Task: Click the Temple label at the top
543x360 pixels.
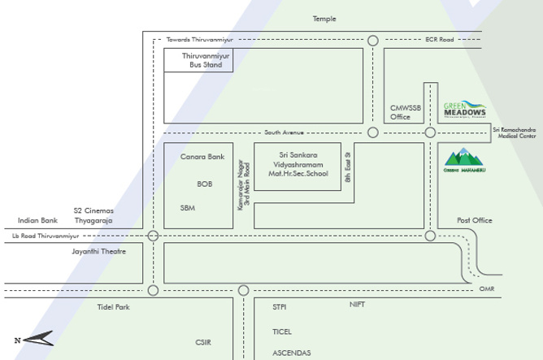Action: [324, 19]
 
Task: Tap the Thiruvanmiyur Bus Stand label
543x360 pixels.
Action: [200, 60]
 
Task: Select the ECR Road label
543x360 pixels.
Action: [438, 40]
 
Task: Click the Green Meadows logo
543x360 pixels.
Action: [466, 110]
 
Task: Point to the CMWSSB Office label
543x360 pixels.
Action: [402, 112]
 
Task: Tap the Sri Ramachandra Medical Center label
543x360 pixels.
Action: [516, 133]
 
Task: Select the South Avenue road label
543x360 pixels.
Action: [283, 132]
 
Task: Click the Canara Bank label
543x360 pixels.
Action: [202, 156]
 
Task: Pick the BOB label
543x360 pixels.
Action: [204, 184]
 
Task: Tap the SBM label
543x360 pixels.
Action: [188, 208]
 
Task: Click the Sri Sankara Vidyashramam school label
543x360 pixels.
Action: [298, 164]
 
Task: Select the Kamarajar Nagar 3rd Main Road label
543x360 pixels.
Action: [244, 185]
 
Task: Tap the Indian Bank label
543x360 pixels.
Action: [37, 220]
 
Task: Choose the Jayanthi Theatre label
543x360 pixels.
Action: [100, 252]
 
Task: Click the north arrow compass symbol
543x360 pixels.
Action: [34, 340]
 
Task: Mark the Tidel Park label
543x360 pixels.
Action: [113, 307]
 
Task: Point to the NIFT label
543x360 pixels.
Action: [358, 304]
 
